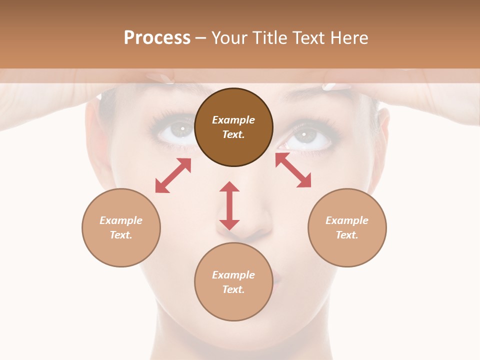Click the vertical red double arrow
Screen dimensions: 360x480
229,205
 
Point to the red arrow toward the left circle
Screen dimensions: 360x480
173,175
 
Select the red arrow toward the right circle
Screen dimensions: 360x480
293,170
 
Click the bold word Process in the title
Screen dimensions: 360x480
157,37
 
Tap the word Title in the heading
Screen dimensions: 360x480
270,37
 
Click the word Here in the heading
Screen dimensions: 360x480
349,37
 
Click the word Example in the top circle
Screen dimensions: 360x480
233,120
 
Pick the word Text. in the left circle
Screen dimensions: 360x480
121,235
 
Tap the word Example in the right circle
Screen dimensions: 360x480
347,220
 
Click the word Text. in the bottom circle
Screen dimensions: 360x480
233,289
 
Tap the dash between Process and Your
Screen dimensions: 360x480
201,38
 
